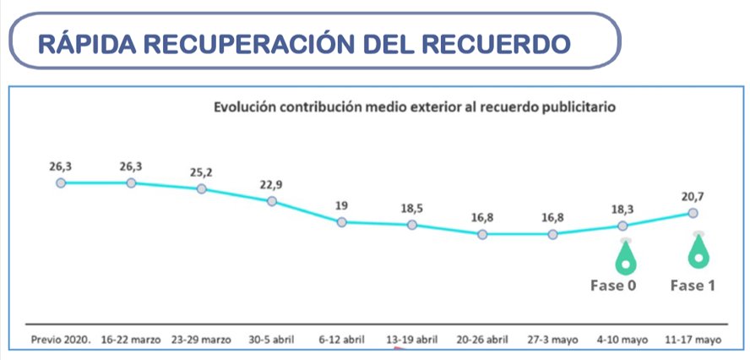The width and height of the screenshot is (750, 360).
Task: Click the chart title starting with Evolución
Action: (414, 108)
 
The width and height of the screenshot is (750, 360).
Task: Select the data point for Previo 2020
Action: (61, 183)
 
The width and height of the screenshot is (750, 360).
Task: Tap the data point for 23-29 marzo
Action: (202, 188)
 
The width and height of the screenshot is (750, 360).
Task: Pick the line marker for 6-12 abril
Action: (342, 222)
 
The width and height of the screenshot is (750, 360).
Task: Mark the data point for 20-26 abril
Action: (482, 234)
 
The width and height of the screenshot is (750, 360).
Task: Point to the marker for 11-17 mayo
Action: (693, 213)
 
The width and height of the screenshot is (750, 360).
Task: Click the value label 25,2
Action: (201, 172)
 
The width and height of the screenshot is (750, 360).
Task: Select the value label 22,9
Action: (271, 185)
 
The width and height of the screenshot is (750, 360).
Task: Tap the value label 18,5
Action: (411, 208)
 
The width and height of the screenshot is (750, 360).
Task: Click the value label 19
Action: (341, 205)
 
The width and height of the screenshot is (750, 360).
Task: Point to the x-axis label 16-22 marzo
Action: (131, 340)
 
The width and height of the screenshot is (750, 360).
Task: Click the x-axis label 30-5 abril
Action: (271, 340)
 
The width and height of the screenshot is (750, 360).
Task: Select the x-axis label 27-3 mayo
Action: (552, 340)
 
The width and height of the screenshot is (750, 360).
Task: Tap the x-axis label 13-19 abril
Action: (411, 340)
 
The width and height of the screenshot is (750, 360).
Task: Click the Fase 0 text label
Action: (613, 286)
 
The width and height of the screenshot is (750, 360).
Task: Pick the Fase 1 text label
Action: (693, 286)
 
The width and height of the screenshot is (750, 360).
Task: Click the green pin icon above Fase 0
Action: (625, 257)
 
